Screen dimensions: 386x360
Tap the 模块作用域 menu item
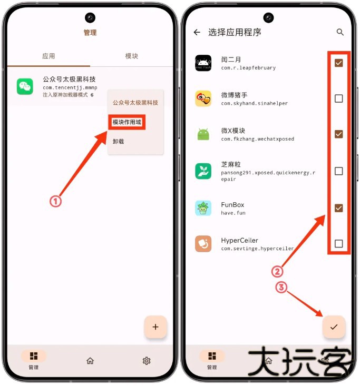127,122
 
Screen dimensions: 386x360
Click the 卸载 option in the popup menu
119,141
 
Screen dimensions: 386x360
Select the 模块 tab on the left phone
131,56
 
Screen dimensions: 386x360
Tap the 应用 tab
48,56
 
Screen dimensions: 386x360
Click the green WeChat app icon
25,86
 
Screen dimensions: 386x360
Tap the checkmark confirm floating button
334,327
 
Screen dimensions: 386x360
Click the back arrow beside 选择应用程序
197,32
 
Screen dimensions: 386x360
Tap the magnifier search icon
340,32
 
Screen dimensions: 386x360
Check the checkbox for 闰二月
339,63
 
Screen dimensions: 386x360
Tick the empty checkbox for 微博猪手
339,98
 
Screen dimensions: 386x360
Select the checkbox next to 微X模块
339,134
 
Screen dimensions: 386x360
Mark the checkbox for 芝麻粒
339,171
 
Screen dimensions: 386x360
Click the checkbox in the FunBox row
339,208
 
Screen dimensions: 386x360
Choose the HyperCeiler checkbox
339,244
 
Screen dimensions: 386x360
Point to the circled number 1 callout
56,201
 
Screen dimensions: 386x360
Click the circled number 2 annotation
278,272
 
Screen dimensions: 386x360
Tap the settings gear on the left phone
147,361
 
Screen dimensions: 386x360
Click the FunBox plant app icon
203,208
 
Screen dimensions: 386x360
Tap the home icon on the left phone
90,361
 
